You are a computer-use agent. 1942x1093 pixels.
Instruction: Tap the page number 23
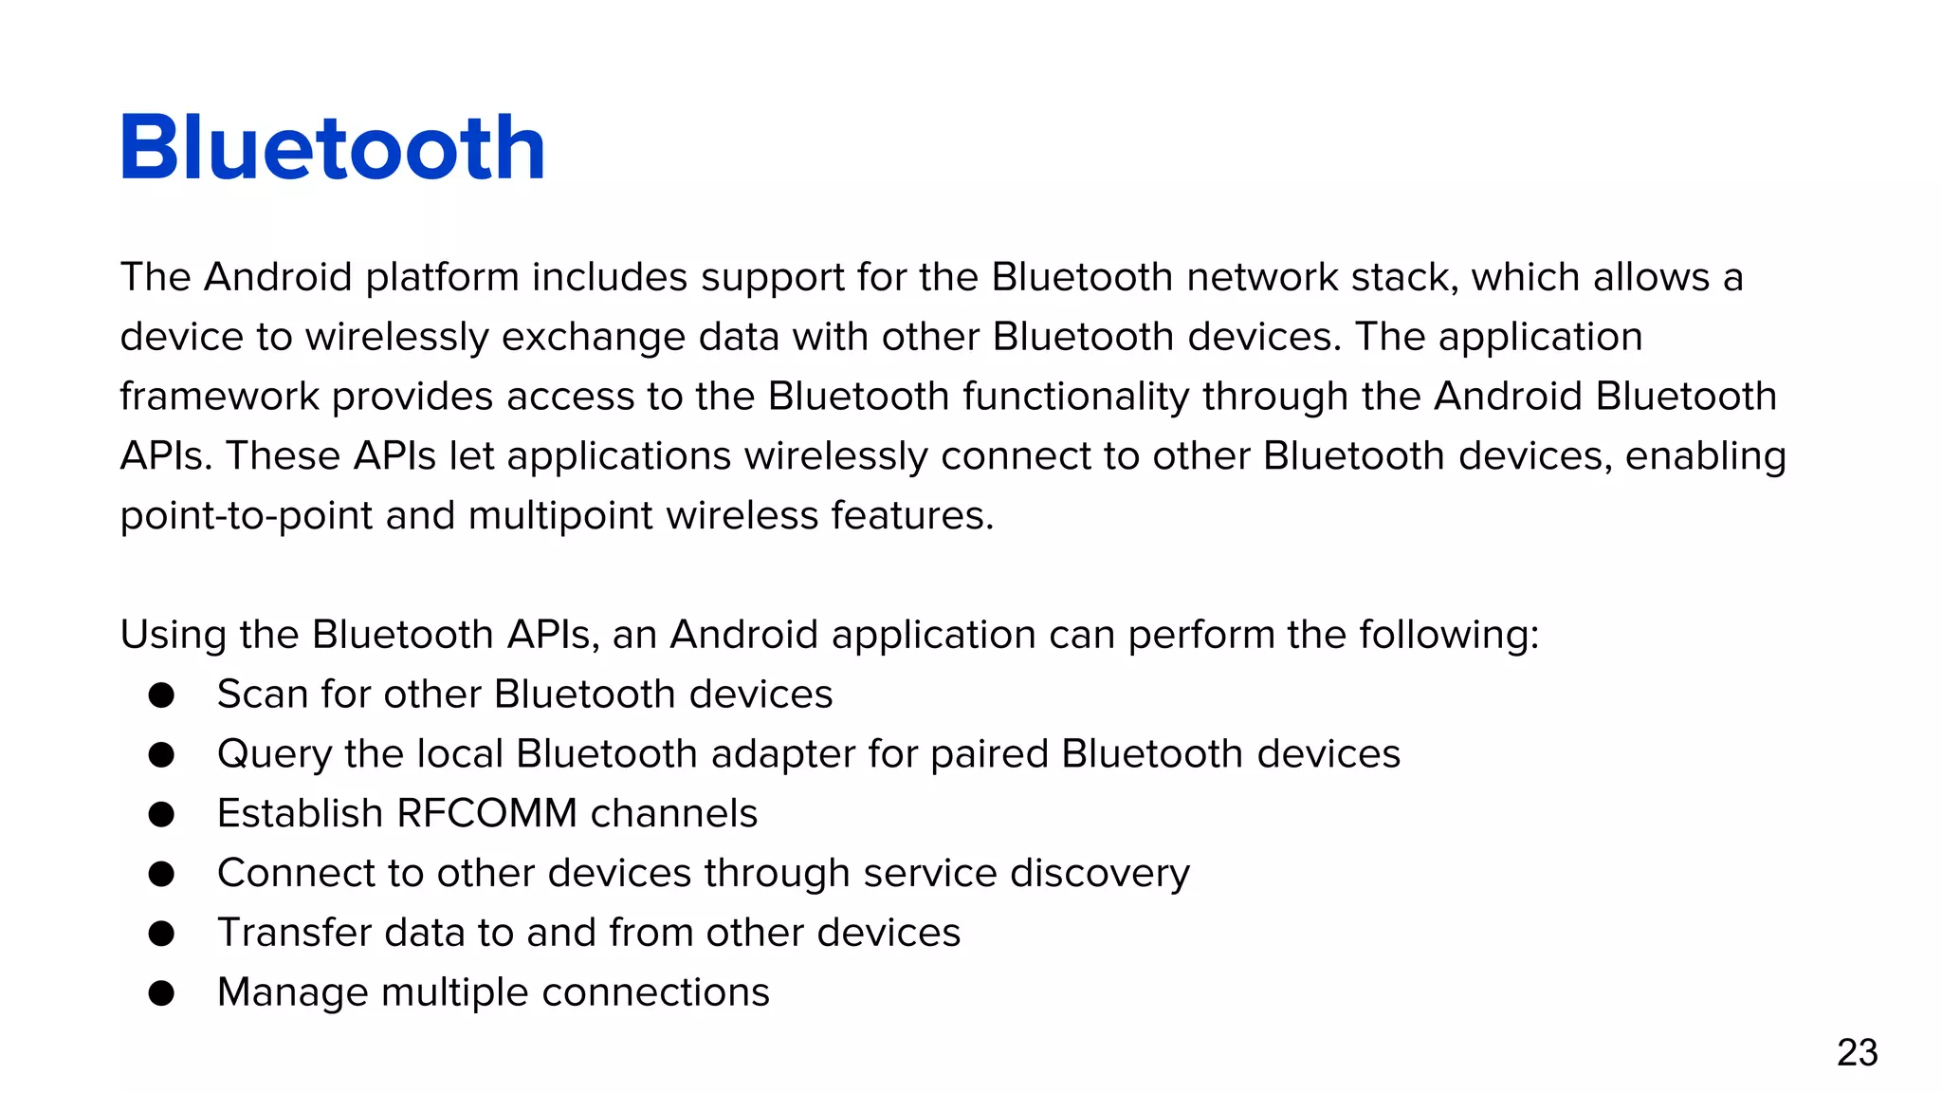pyautogui.click(x=1857, y=1053)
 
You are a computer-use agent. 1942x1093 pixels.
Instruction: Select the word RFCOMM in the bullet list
pyautogui.click(x=486, y=814)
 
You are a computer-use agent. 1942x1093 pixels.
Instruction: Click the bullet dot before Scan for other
pyautogui.click(x=161, y=695)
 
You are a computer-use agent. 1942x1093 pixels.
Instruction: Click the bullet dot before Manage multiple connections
pyautogui.click(x=161, y=993)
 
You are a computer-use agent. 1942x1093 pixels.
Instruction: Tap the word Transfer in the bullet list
pyautogui.click(x=294, y=933)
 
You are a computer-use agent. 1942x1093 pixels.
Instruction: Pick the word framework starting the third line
pyautogui.click(x=219, y=397)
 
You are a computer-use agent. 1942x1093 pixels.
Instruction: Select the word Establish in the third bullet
pyautogui.click(x=300, y=814)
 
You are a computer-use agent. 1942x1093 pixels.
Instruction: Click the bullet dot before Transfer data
pyautogui.click(x=161, y=934)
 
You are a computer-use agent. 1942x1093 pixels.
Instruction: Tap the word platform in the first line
pyautogui.click(x=442, y=278)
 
